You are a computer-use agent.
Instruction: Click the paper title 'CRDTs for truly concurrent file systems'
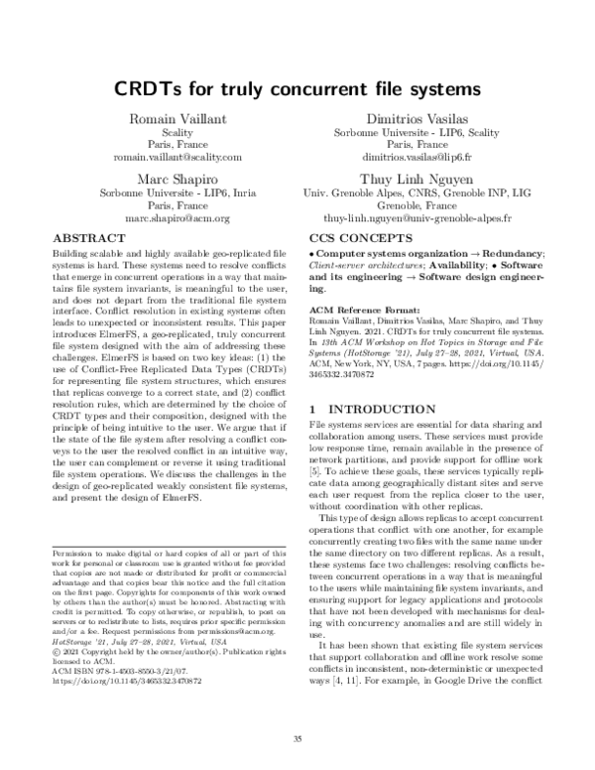coord(297,88)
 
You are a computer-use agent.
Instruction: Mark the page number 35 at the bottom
coord(297,738)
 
